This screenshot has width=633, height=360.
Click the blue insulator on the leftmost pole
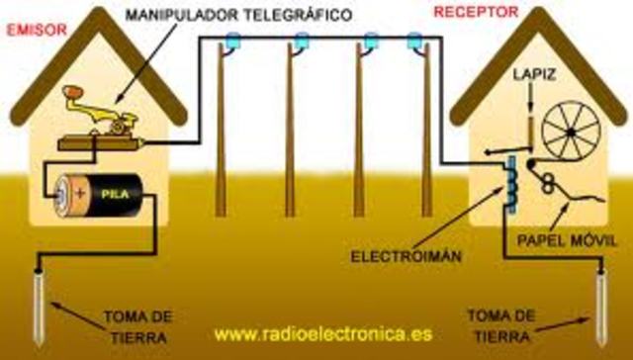click(x=233, y=42)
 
